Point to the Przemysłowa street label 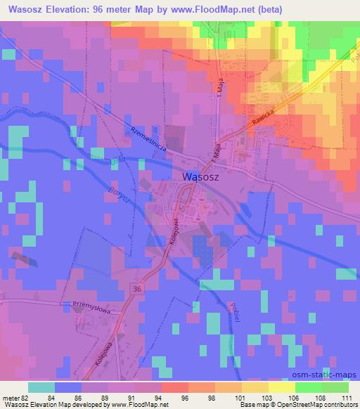click(x=89, y=305)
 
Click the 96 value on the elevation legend click(x=166, y=397)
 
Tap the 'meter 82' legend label click(x=15, y=397)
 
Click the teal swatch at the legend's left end click(x=41, y=387)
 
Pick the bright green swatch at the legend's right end click(x=335, y=387)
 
